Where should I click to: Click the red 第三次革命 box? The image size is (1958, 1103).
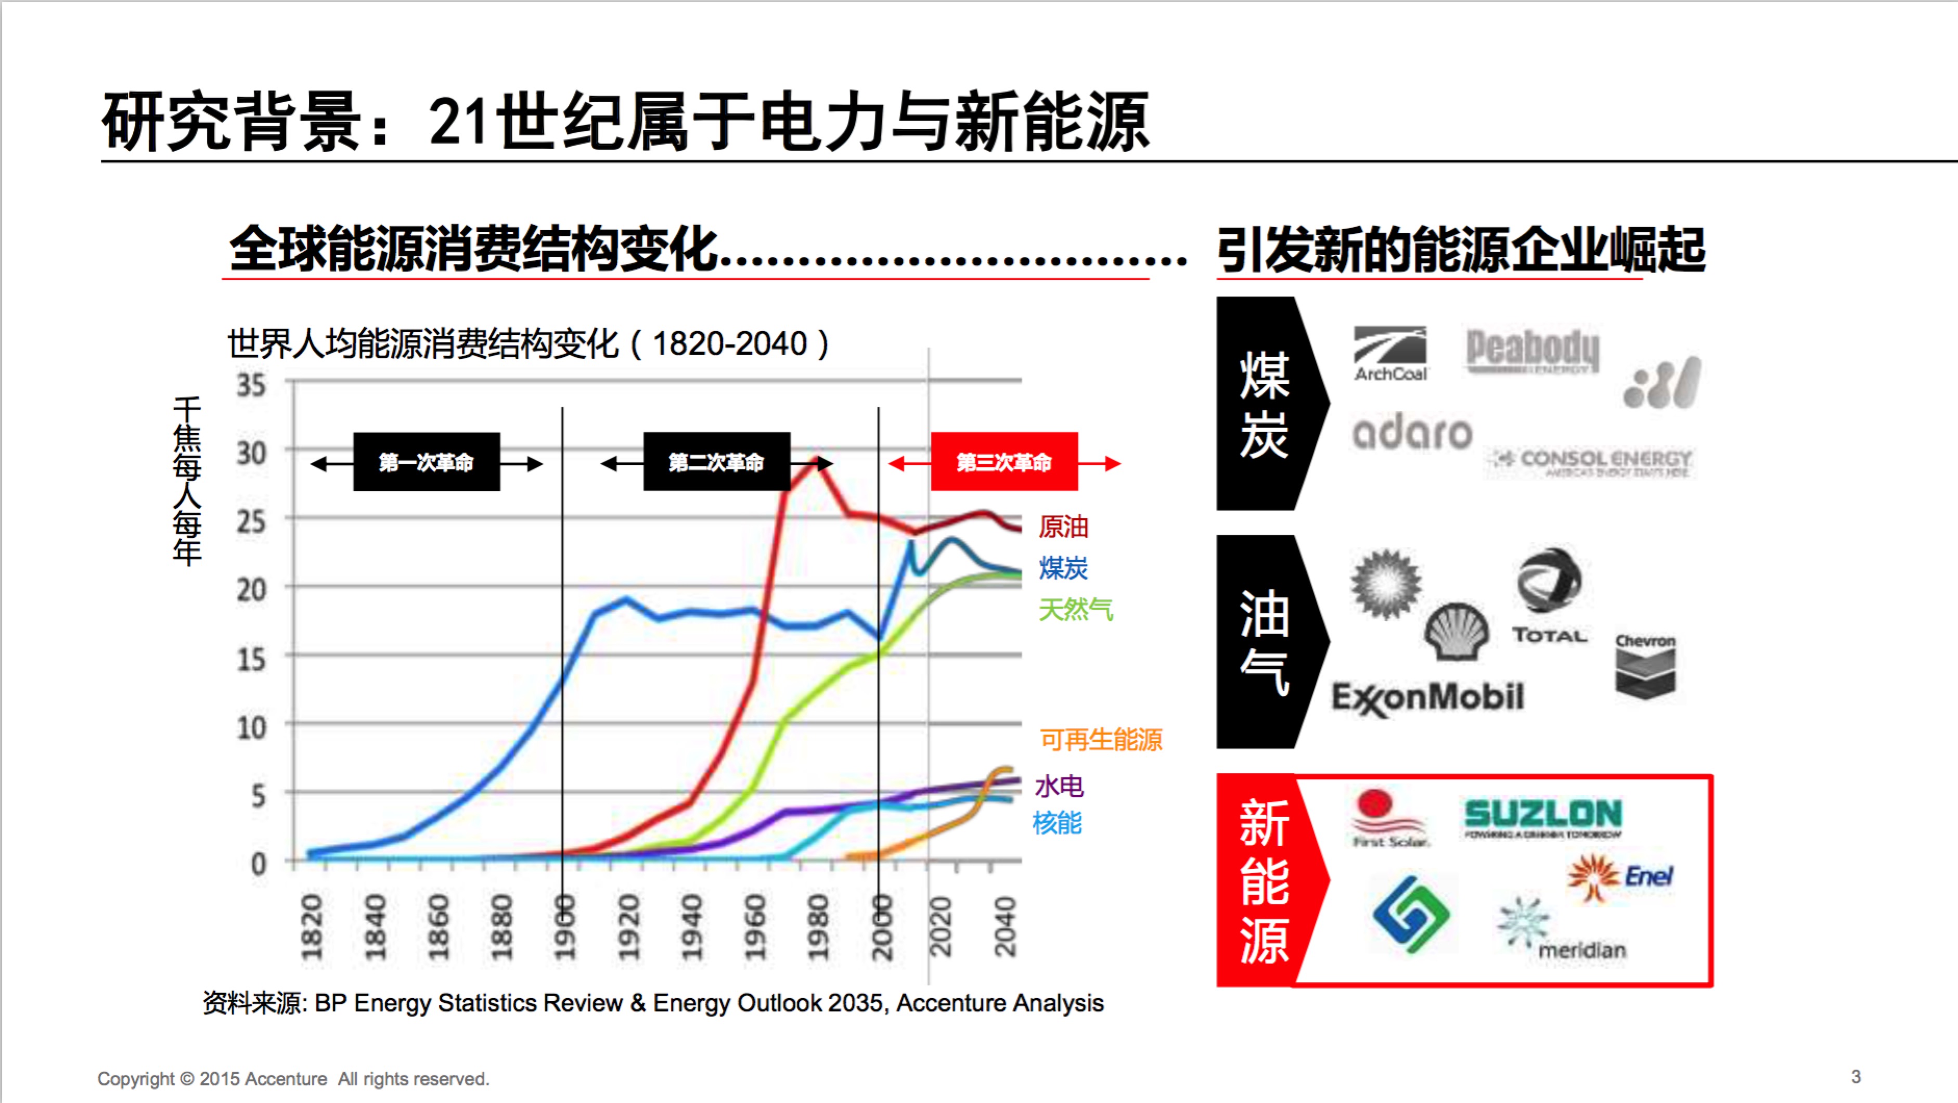(x=1004, y=461)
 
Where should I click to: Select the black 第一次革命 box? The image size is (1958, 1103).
(x=427, y=461)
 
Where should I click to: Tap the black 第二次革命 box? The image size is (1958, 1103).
(x=716, y=461)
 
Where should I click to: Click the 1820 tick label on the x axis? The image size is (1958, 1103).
(x=312, y=927)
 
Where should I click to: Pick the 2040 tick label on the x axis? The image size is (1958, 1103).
(x=1005, y=927)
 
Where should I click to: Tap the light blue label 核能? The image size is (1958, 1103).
(x=1057, y=823)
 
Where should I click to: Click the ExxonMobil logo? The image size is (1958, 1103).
(x=1427, y=698)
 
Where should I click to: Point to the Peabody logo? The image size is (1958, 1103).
(x=1532, y=351)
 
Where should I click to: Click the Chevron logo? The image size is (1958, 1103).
(x=1645, y=666)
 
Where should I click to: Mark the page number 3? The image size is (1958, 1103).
(x=1856, y=1076)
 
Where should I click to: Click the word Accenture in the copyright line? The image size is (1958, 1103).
(x=286, y=1079)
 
